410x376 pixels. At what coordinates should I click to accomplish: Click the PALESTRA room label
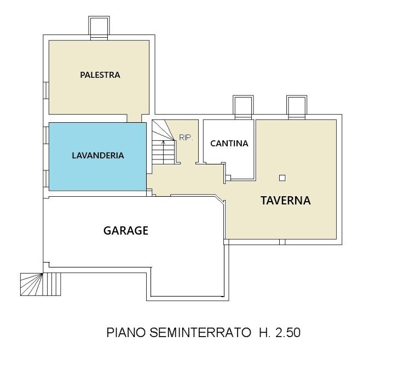click(100, 75)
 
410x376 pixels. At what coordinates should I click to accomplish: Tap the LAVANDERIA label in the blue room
click(98, 155)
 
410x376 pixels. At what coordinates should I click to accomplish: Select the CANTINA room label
click(229, 143)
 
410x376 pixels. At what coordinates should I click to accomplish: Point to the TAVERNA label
click(286, 200)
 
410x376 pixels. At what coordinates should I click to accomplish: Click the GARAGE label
click(126, 230)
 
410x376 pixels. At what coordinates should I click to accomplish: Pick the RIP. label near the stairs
click(186, 138)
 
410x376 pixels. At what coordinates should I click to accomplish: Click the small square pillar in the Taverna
click(282, 178)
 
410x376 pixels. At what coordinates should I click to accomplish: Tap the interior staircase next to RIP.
click(164, 142)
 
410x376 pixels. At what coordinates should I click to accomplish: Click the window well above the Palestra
click(99, 28)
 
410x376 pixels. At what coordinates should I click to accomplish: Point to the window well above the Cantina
click(243, 107)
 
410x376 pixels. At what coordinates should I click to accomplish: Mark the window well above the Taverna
click(297, 107)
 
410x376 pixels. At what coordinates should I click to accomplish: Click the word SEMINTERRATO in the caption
click(200, 333)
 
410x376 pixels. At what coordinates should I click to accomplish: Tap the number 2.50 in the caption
click(288, 333)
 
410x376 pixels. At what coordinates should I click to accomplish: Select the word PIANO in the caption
click(126, 333)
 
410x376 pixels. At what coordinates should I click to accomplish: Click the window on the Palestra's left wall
click(46, 90)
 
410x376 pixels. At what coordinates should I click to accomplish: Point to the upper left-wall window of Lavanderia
click(46, 135)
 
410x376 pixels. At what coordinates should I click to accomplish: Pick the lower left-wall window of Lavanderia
click(46, 179)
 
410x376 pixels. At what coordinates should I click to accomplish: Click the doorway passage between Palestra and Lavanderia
click(135, 118)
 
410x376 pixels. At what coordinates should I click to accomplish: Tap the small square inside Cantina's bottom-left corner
click(228, 178)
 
